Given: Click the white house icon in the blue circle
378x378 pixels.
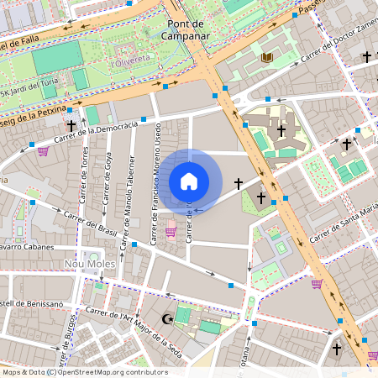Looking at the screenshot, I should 189,181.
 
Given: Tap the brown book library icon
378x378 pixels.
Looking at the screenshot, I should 268,56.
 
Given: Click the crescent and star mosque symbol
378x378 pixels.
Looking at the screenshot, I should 168,318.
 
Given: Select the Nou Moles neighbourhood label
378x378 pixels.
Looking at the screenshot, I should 88,264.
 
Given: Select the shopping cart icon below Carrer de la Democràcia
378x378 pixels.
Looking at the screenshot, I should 42,151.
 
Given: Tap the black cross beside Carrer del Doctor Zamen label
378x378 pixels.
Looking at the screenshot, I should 366,57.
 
